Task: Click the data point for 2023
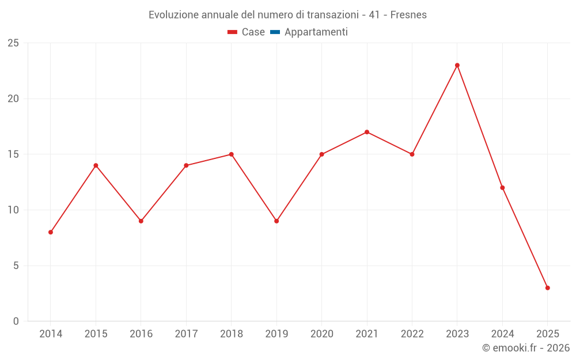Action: [457, 65]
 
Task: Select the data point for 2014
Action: [51, 232]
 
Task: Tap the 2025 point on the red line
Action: [548, 288]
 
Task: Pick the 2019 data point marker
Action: [276, 221]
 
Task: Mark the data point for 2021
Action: [367, 132]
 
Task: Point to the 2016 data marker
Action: [141, 221]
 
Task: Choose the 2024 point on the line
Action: [502, 188]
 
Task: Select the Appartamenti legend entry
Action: [316, 32]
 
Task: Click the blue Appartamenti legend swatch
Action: [275, 32]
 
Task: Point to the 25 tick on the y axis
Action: [13, 43]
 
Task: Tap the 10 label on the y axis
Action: [13, 210]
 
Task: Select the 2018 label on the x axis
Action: [231, 334]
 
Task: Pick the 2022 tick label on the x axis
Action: [412, 334]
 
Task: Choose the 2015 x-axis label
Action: [96, 334]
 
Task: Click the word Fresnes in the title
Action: [408, 15]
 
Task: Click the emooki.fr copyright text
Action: [526, 348]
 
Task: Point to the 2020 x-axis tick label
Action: [321, 334]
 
